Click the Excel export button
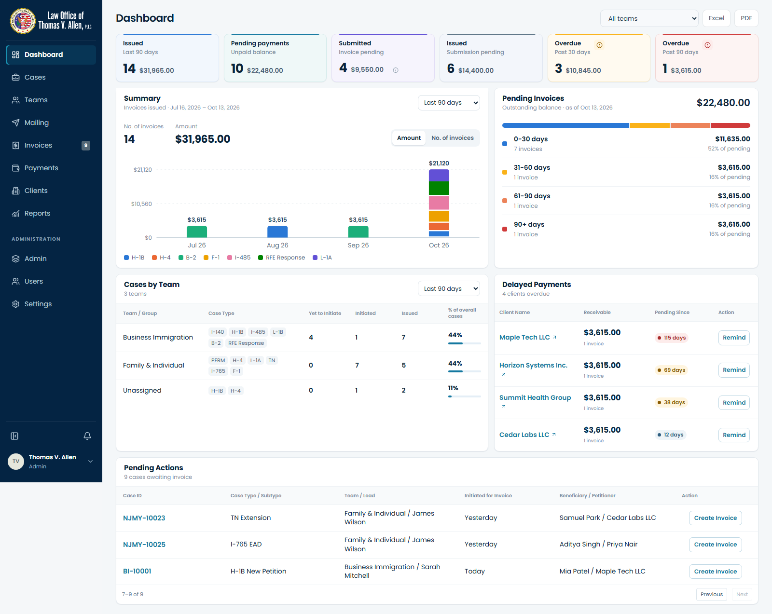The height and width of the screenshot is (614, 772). point(716,18)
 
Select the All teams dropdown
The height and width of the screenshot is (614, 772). point(649,18)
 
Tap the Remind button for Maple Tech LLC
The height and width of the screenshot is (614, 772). point(733,338)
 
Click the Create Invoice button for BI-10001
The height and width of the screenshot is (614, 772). point(715,572)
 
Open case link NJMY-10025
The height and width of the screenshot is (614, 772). point(144,545)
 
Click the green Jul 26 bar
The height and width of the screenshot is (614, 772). point(196,232)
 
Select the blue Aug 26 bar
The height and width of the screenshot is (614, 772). point(277,232)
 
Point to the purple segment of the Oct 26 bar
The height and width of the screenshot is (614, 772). point(439,176)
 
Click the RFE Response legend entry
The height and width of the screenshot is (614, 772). point(282,258)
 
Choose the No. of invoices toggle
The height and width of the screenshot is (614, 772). point(453,138)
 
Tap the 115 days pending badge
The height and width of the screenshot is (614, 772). point(671,338)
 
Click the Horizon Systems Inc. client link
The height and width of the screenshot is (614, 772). point(533,366)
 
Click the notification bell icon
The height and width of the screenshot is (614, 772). point(87,436)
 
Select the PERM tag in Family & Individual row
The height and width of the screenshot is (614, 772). point(218,360)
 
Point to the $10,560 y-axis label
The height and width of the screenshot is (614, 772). point(141,204)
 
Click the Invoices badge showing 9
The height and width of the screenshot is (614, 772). point(86,146)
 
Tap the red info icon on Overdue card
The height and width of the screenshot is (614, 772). point(707,45)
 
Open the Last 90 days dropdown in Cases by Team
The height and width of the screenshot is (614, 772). point(448,289)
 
